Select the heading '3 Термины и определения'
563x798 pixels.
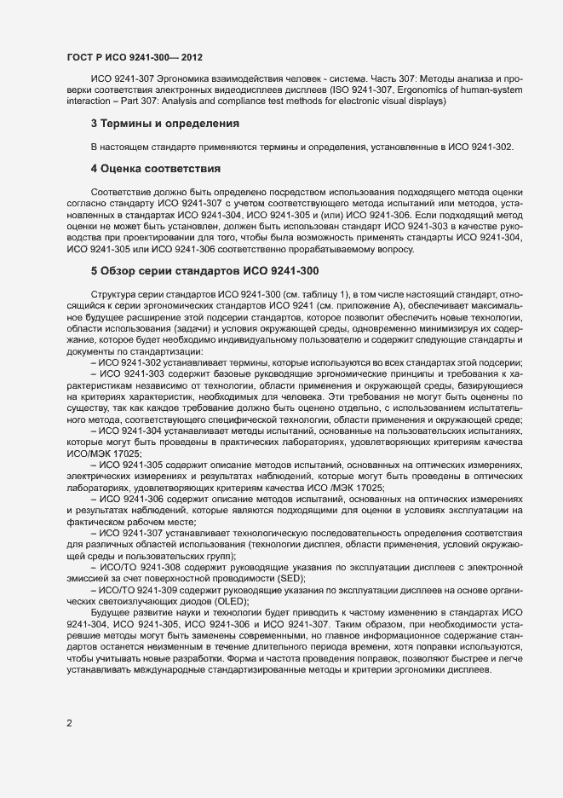[x=158, y=124]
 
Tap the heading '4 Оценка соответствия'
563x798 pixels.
[x=156, y=168]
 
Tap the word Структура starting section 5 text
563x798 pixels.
[x=113, y=293]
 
